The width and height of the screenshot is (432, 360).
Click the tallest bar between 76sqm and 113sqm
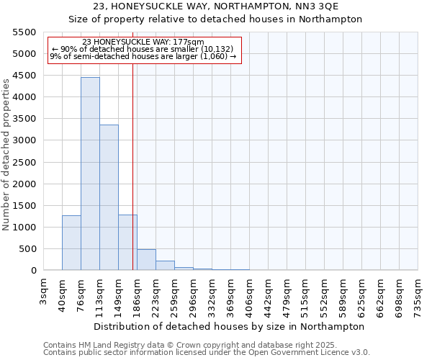tap(90, 174)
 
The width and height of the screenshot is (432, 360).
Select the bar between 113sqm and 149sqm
tap(109, 197)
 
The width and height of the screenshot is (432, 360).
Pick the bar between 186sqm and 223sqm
tap(146, 260)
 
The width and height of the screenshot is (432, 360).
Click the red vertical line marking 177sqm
tap(133, 166)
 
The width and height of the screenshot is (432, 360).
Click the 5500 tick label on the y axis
tap(24, 32)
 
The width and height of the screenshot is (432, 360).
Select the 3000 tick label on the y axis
tap(24, 140)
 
